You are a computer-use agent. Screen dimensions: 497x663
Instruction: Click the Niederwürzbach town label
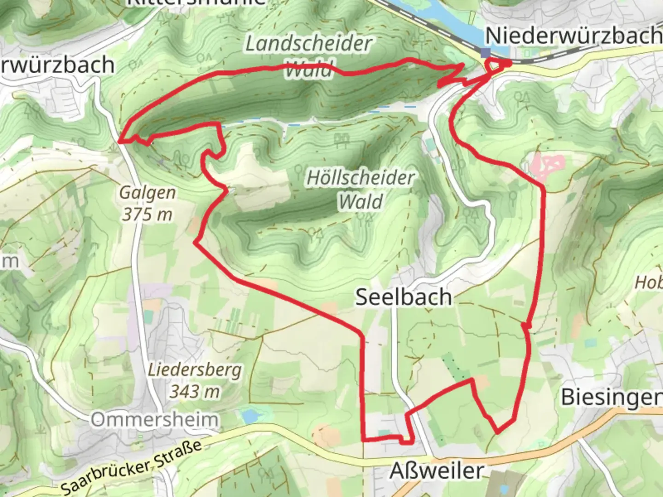point(573,35)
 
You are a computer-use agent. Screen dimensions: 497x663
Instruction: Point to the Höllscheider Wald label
point(361,190)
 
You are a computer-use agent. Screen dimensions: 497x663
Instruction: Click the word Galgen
point(147,192)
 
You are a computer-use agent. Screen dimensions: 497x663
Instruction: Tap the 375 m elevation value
point(147,214)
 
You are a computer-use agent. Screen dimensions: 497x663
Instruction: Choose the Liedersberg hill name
point(195,370)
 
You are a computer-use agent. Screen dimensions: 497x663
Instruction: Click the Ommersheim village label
point(154,420)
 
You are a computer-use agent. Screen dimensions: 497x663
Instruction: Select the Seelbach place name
point(403,297)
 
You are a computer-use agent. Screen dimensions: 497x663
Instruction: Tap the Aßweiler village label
point(436,470)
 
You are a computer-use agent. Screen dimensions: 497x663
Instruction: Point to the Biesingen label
point(611,397)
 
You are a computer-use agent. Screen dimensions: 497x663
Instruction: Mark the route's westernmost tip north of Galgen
point(120,141)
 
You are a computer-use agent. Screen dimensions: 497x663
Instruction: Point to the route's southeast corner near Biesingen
point(498,432)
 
